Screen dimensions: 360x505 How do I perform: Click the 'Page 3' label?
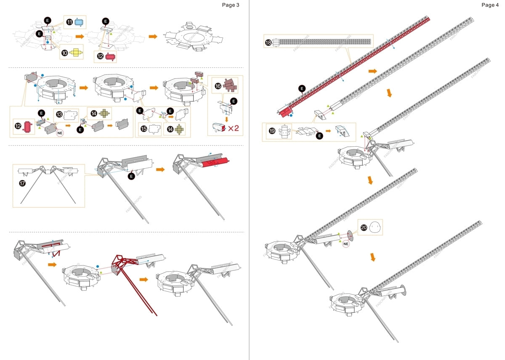pyautogui.click(x=231, y=5)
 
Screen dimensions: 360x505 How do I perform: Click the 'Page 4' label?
pyautogui.click(x=490, y=5)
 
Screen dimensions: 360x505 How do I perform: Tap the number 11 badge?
pyautogui.click(x=69, y=22)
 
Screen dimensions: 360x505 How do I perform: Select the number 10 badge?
pyautogui.click(x=64, y=53)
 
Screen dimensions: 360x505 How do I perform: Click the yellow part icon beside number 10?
pyautogui.click(x=75, y=53)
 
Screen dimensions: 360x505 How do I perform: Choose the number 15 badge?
pyautogui.click(x=144, y=129)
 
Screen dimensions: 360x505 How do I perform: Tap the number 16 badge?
pyautogui.click(x=218, y=86)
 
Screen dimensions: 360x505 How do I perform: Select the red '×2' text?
pyautogui.click(x=234, y=127)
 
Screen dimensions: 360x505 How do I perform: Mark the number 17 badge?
pyautogui.click(x=22, y=183)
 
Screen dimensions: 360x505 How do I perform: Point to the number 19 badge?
pyautogui.click(x=272, y=131)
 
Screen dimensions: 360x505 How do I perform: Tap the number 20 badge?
pyautogui.click(x=364, y=228)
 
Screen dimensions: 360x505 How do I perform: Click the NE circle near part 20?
pyautogui.click(x=346, y=244)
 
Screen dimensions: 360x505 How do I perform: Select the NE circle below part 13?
pyautogui.click(x=61, y=133)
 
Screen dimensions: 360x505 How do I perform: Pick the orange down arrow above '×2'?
pyautogui.click(x=226, y=119)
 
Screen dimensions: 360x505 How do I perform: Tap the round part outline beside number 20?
pyautogui.click(x=375, y=228)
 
